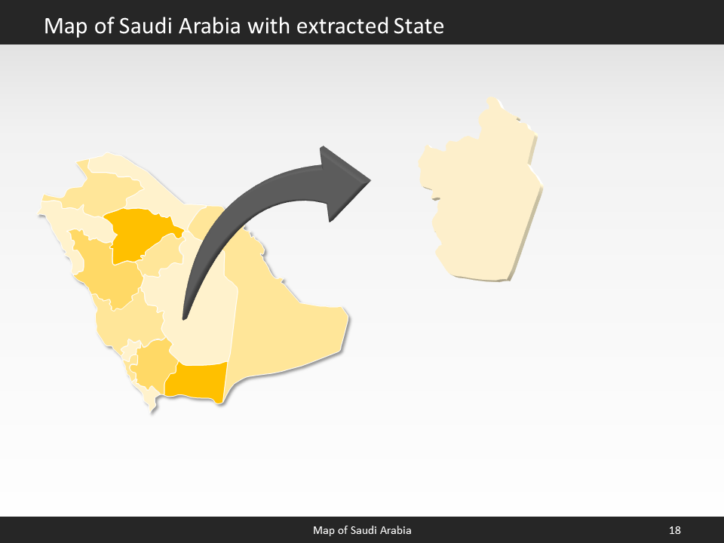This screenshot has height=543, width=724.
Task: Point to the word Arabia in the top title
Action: tap(207, 26)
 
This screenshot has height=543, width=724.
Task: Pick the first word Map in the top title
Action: tap(63, 26)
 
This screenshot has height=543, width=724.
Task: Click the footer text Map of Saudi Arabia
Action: tap(362, 531)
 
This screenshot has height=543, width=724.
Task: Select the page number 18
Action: tap(674, 531)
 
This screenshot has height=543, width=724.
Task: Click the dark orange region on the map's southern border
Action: tap(198, 381)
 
